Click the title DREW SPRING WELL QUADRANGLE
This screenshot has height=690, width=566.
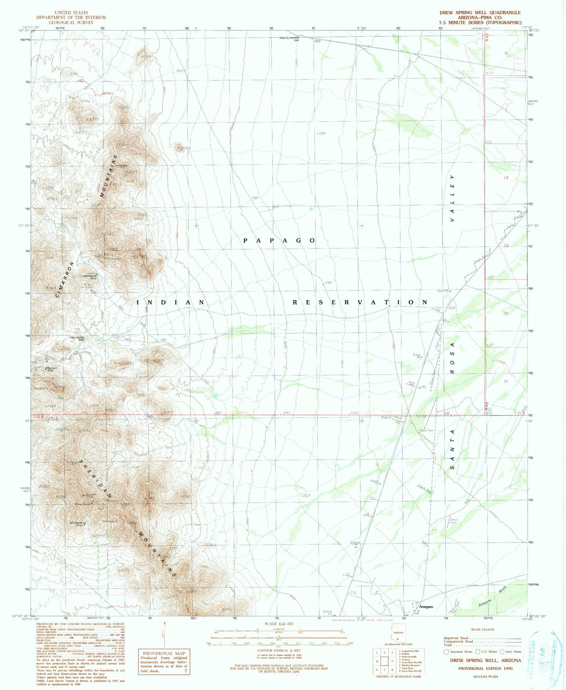(480, 13)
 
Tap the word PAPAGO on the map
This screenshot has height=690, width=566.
(279, 241)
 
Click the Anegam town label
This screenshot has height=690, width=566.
(426, 607)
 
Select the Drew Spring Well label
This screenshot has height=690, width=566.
(77, 338)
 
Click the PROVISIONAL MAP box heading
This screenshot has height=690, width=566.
(163, 654)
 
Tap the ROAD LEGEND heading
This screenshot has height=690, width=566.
(483, 629)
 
